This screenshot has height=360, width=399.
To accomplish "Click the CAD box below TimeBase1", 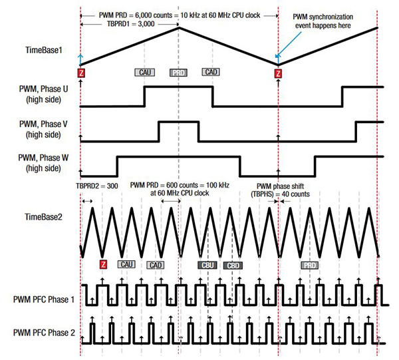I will [x=211, y=72].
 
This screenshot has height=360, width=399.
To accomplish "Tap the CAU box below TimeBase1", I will [x=143, y=72].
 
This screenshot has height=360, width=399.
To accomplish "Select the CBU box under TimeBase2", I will [x=208, y=265].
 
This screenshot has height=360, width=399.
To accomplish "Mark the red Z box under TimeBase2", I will [x=103, y=264].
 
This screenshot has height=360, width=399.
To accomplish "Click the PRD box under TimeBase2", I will [x=309, y=265].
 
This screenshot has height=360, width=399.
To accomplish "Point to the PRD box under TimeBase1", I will [x=178, y=72].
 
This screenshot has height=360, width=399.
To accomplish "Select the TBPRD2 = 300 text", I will [x=96, y=188].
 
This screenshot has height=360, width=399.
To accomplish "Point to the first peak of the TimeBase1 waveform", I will [x=178, y=27].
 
